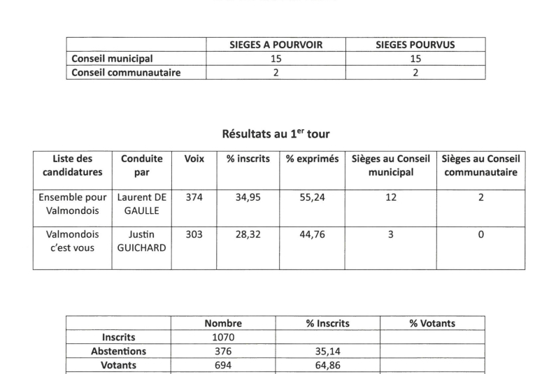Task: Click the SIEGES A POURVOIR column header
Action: pyautogui.click(x=276, y=45)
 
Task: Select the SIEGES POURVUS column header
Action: pyautogui.click(x=415, y=45)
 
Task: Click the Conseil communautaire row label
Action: pyautogui.click(x=122, y=72)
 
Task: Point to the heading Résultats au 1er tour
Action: pyautogui.click(x=275, y=134)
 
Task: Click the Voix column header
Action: pyautogui.click(x=194, y=159)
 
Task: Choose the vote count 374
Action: pyautogui.click(x=194, y=198)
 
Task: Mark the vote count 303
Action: pyautogui.click(x=194, y=234)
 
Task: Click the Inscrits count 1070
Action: pyautogui.click(x=223, y=337)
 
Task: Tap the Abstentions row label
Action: pyautogui.click(x=118, y=351)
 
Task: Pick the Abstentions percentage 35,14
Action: pyautogui.click(x=328, y=351)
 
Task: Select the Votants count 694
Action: pyautogui.click(x=223, y=365)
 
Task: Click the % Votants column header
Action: pyautogui.click(x=432, y=324)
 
